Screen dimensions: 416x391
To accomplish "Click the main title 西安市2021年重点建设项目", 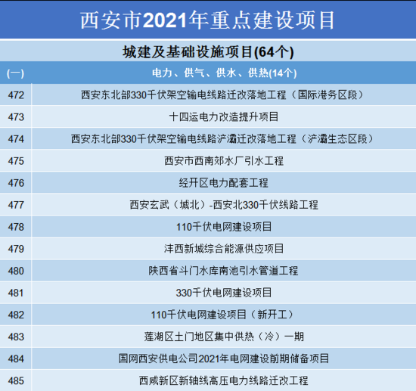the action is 207,20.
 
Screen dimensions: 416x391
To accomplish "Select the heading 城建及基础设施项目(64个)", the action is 208,51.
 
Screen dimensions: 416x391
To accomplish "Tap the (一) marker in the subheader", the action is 15,73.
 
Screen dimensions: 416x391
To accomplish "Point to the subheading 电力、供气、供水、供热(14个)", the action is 224,73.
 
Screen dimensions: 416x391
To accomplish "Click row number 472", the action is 16,95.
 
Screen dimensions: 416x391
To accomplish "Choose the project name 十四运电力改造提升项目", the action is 224,116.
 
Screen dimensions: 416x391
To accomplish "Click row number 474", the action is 16,139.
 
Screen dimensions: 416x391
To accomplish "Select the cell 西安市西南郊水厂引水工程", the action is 224,161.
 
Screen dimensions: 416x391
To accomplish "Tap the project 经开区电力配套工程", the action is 224,183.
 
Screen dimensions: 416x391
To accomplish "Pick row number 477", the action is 16,205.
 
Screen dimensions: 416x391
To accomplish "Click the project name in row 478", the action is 224,227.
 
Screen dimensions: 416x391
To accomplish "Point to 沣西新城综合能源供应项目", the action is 224,249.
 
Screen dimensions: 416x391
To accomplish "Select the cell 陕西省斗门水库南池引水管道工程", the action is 223,271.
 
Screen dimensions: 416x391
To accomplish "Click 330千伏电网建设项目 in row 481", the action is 224,293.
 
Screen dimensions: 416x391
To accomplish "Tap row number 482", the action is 16,315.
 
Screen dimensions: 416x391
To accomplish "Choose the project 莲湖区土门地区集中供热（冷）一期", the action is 224,337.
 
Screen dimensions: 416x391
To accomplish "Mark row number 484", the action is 16,359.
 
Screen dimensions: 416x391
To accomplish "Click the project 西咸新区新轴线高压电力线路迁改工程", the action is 224,380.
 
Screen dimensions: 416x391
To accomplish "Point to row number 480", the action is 16,271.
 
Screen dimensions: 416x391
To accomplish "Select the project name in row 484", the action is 224,358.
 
